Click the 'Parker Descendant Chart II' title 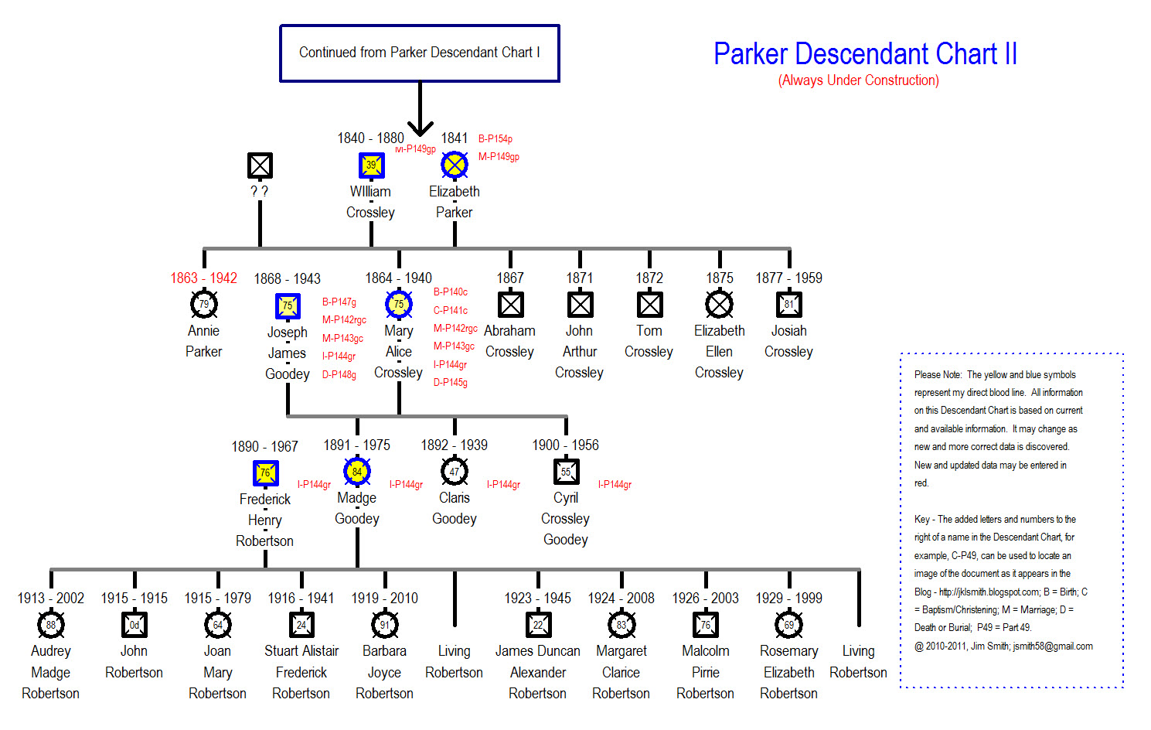click(x=865, y=53)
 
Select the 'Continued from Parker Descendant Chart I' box click(x=420, y=53)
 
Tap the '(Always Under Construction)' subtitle click(x=858, y=80)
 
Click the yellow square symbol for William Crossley click(x=371, y=165)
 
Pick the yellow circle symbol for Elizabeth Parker click(x=455, y=165)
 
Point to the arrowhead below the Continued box click(x=420, y=128)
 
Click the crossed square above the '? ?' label click(x=260, y=165)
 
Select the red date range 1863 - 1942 click(x=204, y=278)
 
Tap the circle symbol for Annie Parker click(x=204, y=304)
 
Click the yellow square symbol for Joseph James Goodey click(x=288, y=305)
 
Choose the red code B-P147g click(x=339, y=302)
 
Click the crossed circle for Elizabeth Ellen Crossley click(x=719, y=304)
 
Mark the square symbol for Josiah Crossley click(x=788, y=304)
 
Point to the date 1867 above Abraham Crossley click(x=510, y=278)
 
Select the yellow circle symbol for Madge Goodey click(x=357, y=471)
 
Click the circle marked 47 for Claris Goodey click(x=455, y=471)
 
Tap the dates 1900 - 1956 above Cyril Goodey click(x=566, y=445)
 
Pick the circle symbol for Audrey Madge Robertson click(x=51, y=624)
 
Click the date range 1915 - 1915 click(x=135, y=599)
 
